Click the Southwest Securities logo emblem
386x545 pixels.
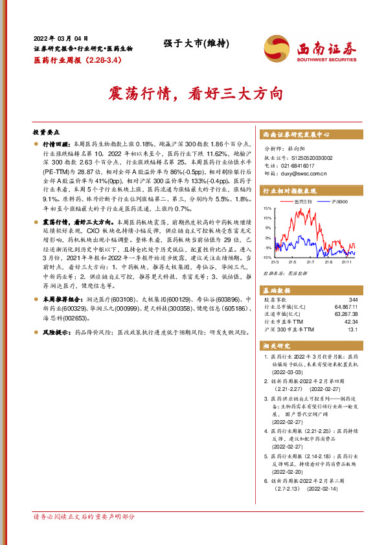(277, 47)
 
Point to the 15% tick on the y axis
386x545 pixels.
(268, 209)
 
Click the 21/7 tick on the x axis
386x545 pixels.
(310, 261)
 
